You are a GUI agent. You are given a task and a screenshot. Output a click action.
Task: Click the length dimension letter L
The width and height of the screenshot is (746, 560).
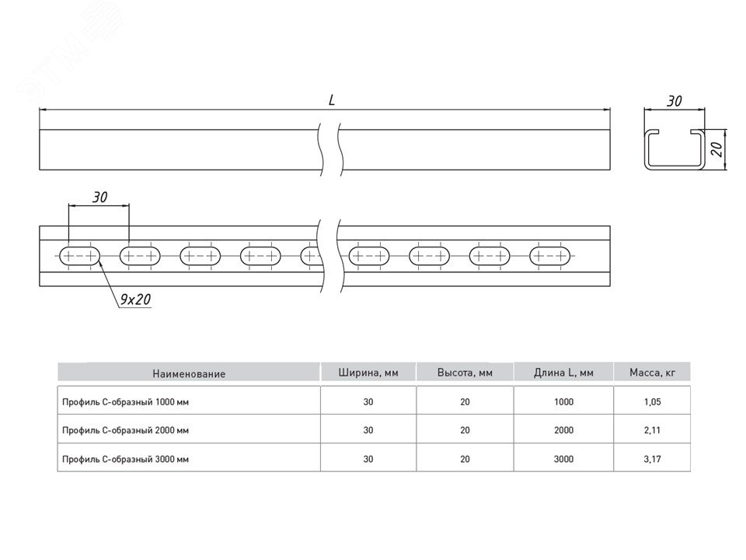[332, 100]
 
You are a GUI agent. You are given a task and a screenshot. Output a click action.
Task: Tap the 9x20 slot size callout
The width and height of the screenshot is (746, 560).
[135, 299]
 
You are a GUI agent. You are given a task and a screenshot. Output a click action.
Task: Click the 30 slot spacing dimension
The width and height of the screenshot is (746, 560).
[99, 198]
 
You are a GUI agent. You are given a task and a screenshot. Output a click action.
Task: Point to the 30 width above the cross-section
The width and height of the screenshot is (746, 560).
[674, 100]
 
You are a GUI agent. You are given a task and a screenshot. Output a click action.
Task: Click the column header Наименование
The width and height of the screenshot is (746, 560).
[189, 373]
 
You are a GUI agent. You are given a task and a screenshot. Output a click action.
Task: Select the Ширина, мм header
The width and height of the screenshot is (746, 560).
[368, 373]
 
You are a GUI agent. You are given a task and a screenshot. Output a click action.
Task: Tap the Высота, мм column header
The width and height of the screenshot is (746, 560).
[465, 373]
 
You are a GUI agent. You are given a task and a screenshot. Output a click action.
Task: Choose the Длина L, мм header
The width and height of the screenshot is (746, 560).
[563, 373]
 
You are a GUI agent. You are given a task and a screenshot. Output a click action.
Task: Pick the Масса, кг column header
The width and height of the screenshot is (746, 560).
[652, 373]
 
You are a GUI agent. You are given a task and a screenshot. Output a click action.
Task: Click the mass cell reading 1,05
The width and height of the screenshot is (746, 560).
[652, 402]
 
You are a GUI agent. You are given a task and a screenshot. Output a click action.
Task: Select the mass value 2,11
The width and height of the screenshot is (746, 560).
[652, 429]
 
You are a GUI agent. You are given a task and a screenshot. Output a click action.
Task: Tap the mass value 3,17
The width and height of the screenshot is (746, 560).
[652, 459]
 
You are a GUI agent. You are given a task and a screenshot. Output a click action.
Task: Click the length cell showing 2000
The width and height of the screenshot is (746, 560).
[563, 429]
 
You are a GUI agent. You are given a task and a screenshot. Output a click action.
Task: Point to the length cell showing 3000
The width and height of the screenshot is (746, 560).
[563, 459]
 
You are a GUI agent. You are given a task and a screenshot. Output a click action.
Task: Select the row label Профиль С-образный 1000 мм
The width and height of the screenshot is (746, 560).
[125, 402]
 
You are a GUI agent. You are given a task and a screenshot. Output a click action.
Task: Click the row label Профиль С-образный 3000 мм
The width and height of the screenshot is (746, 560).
[125, 459]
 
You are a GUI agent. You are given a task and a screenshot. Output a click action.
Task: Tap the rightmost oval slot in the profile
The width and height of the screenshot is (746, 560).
[552, 255]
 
